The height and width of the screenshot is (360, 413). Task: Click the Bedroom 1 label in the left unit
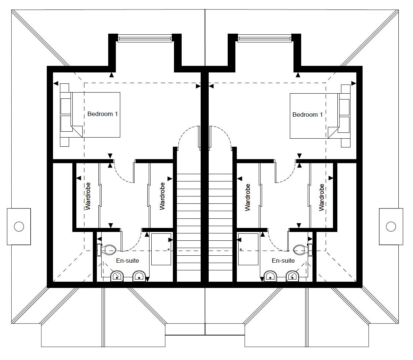pos(102,114)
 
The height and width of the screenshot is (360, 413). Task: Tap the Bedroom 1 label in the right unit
pos(307,115)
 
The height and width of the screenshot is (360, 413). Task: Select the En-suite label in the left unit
pos(128,261)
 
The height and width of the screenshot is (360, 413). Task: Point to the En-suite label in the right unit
pos(283,261)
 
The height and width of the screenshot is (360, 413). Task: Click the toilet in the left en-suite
pos(107,250)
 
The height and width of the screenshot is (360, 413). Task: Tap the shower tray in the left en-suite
pos(161,249)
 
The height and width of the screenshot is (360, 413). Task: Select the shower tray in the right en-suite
pos(249,249)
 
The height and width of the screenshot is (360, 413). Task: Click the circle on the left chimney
pos(19,226)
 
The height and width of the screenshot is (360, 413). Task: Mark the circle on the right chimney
pos(391,226)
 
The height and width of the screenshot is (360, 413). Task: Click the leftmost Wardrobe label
pos(88,196)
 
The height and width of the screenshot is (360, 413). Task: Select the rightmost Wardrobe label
pos(322,198)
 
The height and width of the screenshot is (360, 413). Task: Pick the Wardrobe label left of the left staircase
pos(162,196)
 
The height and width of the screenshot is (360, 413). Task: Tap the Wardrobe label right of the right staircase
pos(247,198)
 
